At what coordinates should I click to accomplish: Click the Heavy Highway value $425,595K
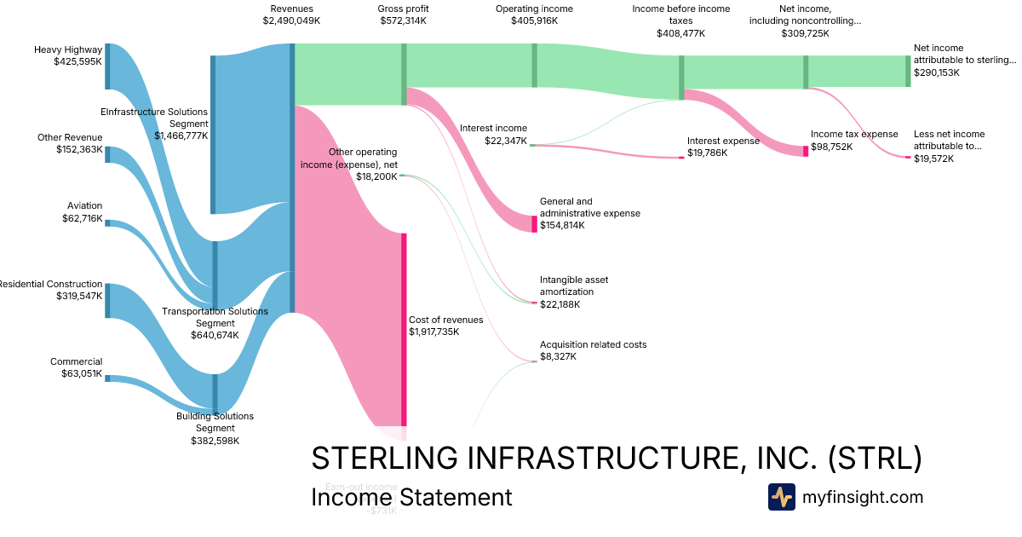point(78,61)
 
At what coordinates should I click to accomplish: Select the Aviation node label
point(84,205)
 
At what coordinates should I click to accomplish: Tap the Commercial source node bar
point(107,378)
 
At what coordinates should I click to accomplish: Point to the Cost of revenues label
point(445,320)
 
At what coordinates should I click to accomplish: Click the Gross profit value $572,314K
point(404,20)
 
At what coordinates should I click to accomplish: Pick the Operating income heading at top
point(534,9)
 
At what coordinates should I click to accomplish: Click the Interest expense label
point(723,141)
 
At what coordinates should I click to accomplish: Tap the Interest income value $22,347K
point(505,141)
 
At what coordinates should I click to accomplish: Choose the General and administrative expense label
point(589,207)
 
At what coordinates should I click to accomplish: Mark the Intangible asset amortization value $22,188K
point(560,304)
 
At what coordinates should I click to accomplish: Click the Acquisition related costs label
point(593,344)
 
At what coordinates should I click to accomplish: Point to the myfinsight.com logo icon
point(781,497)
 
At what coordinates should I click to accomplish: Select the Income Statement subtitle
point(411,497)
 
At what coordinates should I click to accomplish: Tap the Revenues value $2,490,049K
point(291,20)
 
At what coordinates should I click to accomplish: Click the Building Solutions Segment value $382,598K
point(215,441)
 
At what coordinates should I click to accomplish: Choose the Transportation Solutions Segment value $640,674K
point(215,335)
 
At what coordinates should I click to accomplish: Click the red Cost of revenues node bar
point(404,328)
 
